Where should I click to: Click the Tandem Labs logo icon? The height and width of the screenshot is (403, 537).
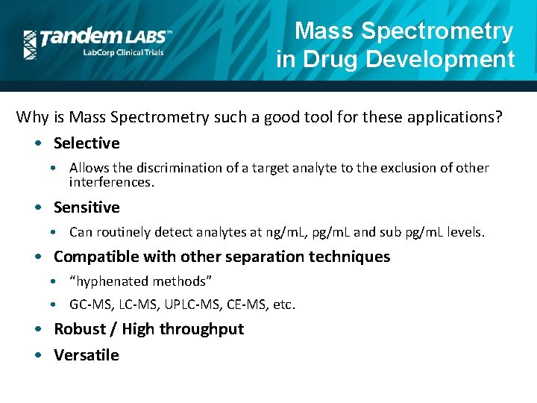[30, 44]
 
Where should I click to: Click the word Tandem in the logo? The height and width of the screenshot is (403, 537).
[78, 37]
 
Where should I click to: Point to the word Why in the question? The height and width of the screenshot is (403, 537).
[32, 117]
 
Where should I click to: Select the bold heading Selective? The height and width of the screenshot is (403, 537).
[87, 143]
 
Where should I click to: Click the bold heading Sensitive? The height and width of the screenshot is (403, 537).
[87, 207]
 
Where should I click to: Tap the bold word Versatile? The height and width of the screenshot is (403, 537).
[87, 355]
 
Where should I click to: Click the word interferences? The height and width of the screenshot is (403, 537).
[112, 181]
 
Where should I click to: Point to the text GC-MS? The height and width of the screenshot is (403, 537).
[87, 304]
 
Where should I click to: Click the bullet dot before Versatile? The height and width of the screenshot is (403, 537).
[38, 355]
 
